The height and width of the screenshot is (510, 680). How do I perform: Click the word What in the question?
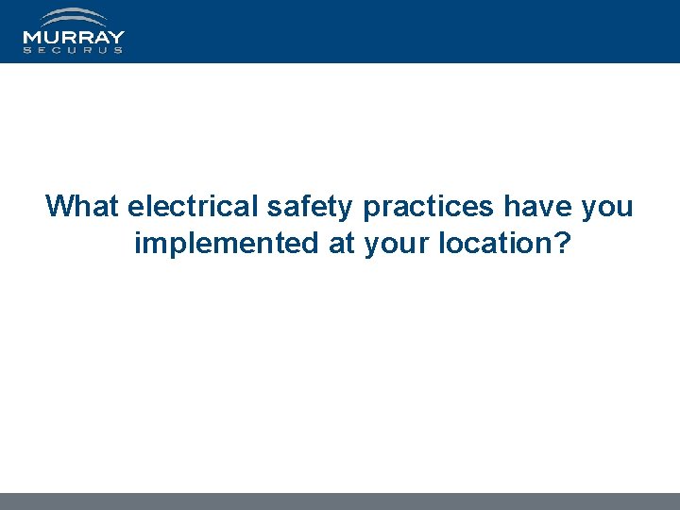point(83,206)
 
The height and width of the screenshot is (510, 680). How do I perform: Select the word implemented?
point(228,244)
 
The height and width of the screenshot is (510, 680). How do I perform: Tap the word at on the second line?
point(342,244)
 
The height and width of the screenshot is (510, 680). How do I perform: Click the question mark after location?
point(562,244)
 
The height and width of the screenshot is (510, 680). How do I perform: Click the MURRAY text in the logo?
point(74,38)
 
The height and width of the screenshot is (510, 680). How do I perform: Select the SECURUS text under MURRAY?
point(74,50)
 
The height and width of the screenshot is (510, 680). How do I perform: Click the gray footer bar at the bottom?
point(340,501)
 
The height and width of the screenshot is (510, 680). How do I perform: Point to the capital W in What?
point(60,206)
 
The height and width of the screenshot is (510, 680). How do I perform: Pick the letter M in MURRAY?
point(31,38)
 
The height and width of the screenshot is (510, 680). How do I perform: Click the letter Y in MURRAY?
point(116,38)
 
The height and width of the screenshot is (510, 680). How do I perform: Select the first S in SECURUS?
point(27,50)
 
